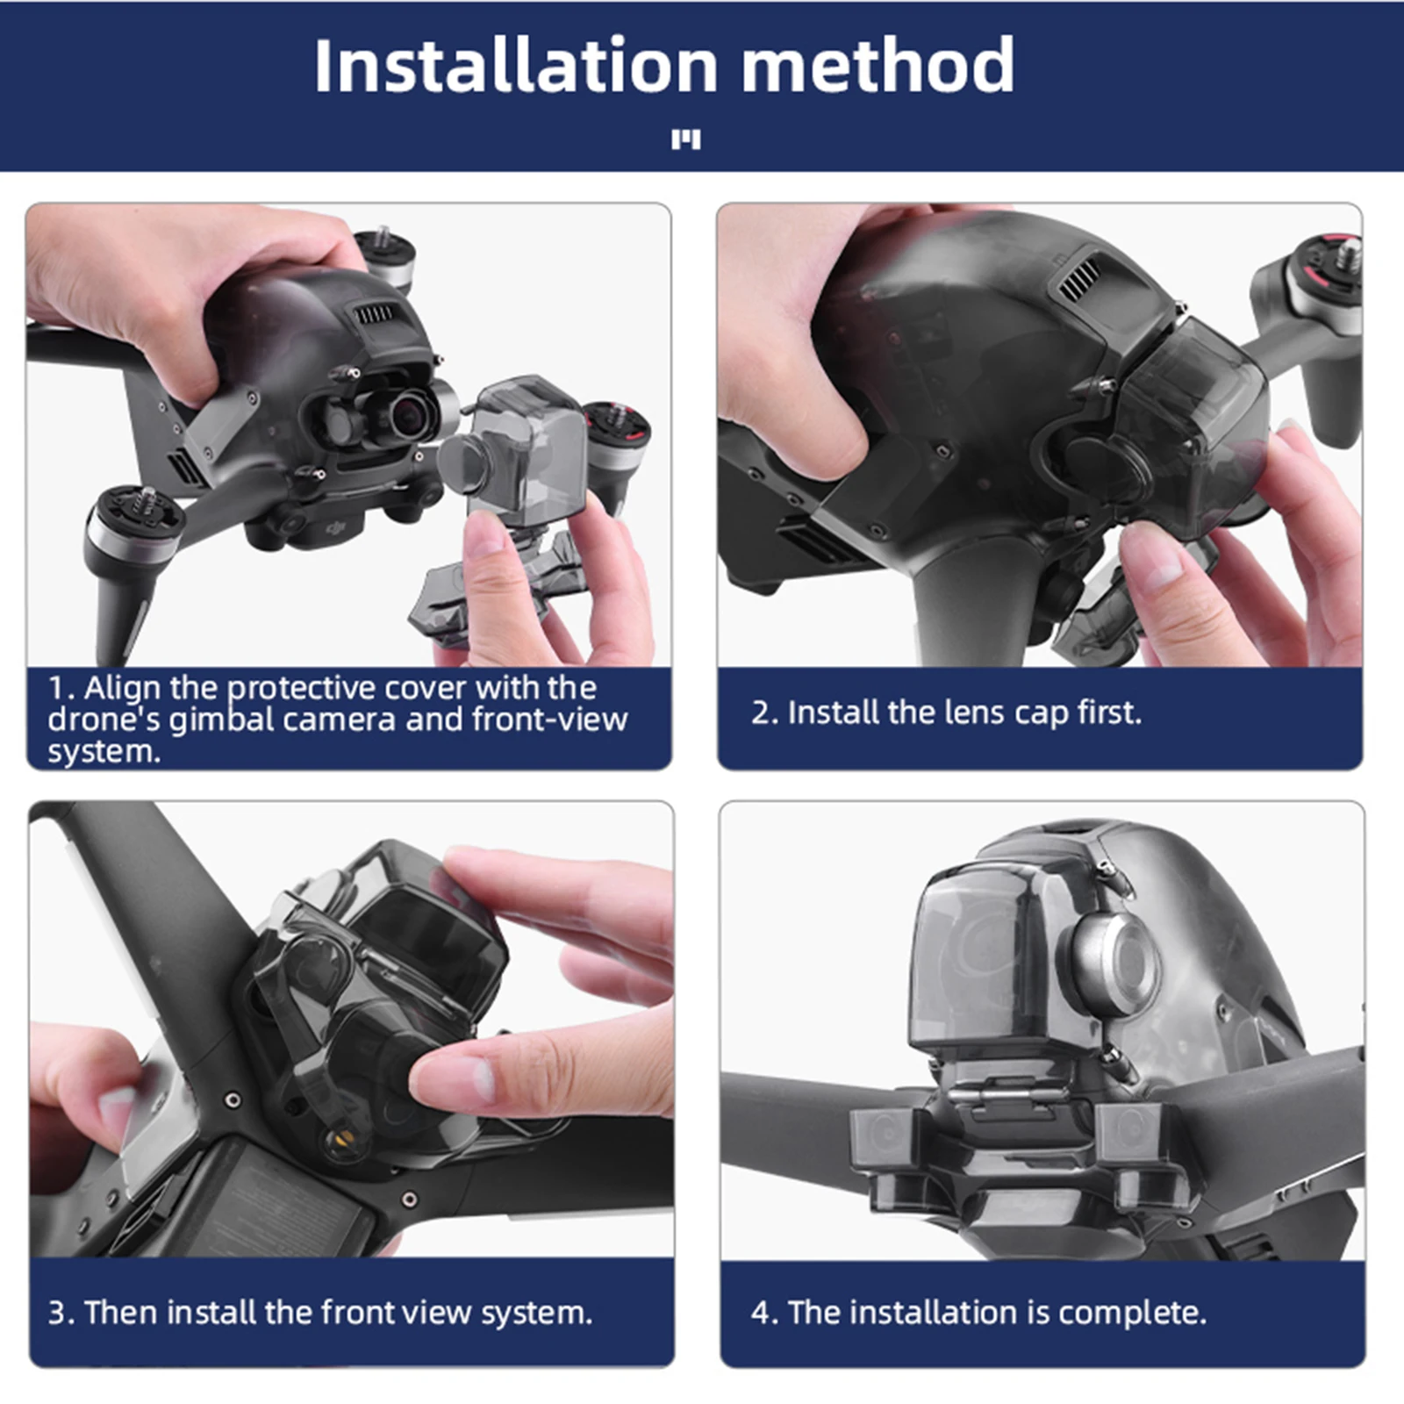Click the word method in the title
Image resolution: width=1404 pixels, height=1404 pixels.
click(x=877, y=66)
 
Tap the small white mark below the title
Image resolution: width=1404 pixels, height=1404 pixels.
click(x=685, y=140)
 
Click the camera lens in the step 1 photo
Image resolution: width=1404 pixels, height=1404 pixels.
click(x=412, y=413)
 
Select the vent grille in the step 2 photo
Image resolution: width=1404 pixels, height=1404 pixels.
click(x=1079, y=279)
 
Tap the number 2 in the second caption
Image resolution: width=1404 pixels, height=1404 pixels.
click(x=759, y=713)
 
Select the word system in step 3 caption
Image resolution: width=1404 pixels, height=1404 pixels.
click(x=534, y=1313)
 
